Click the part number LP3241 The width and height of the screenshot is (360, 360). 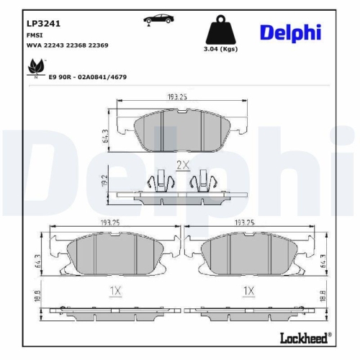pyautogui.click(x=43, y=22)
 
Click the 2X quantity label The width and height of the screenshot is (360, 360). pyautogui.click(x=182, y=165)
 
